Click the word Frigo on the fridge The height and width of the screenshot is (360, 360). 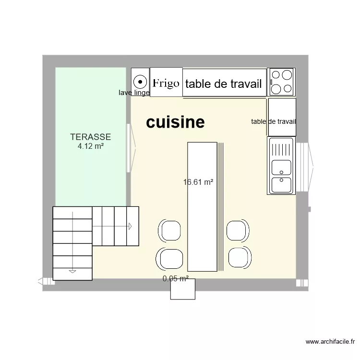pos(166,84)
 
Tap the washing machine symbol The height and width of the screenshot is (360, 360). pos(140,81)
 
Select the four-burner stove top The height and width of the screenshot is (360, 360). pos(281,82)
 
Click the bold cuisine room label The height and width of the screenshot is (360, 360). pos(175,122)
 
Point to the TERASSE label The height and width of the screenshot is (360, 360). pos(91,137)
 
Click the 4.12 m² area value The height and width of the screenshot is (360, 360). pos(91,145)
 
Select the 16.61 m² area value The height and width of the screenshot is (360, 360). pos(198,182)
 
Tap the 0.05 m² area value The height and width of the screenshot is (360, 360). pos(175,278)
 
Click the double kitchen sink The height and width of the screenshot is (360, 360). pos(281,166)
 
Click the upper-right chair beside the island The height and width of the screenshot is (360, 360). pos(237,230)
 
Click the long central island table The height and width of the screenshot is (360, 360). pos(202,206)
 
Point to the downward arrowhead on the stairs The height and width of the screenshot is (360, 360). pos(72,271)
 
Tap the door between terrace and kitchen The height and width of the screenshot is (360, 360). pos(130,148)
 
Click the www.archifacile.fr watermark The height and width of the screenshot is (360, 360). pos(331,342)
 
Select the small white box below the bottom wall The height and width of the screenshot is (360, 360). pos(183,289)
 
